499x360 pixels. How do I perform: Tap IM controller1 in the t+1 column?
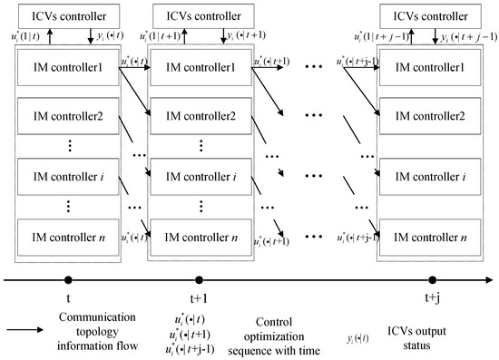point(200,67)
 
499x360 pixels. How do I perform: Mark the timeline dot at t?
point(69,281)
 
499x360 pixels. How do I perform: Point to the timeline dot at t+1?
point(199,281)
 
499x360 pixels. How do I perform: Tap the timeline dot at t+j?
point(432,281)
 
